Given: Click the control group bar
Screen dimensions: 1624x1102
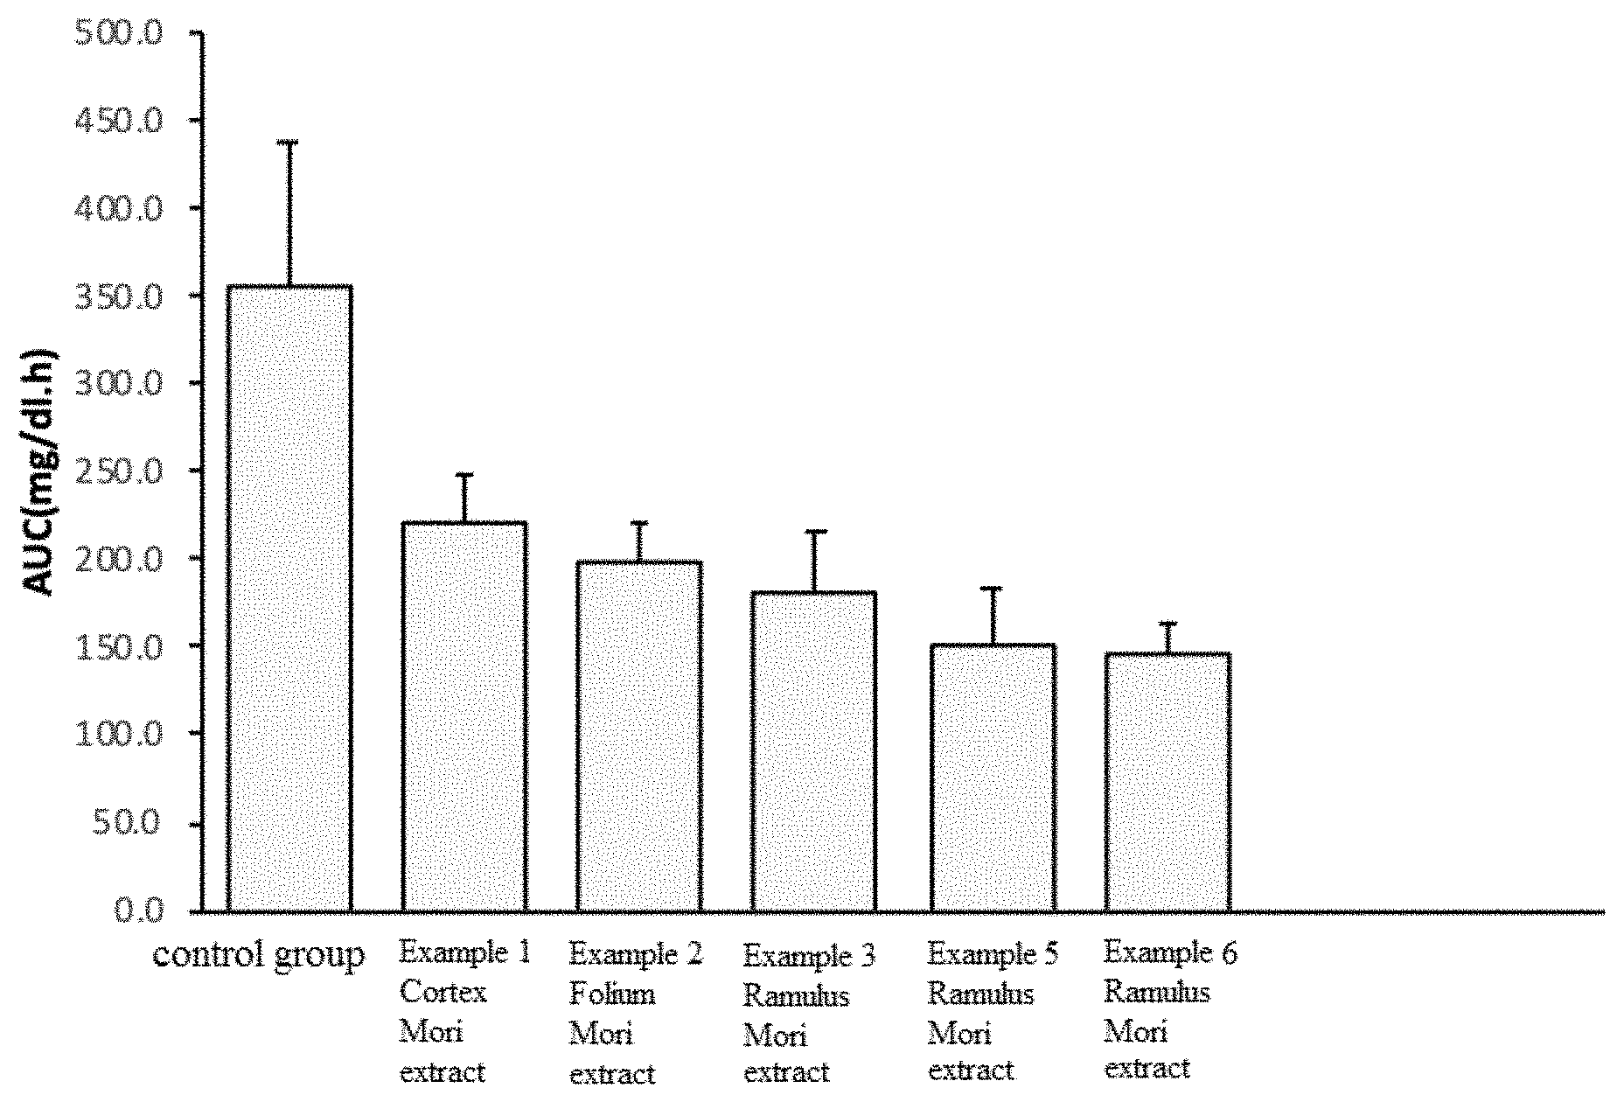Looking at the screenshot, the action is click(x=289, y=598).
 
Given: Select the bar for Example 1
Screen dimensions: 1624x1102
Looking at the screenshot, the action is click(x=464, y=717).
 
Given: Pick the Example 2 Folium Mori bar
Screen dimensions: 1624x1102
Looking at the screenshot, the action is click(x=639, y=736).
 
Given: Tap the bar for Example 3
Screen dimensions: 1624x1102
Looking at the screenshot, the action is click(x=814, y=752).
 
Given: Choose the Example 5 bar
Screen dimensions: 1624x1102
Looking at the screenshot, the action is click(x=993, y=778).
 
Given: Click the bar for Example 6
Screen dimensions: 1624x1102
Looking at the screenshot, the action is click(x=1167, y=782).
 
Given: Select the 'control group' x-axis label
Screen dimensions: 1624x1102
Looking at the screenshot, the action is click(x=259, y=956).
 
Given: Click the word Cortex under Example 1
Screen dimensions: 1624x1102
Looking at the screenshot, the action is click(x=443, y=993).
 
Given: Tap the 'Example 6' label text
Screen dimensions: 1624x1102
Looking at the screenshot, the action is click(x=1171, y=952).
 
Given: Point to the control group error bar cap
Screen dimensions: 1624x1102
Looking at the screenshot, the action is click(x=289, y=142).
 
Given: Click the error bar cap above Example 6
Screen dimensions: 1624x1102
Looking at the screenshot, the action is click(x=1167, y=624).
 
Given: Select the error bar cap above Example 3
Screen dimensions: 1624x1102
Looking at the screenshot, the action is click(x=814, y=532).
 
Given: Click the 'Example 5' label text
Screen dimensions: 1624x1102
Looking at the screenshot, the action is click(x=993, y=953).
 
